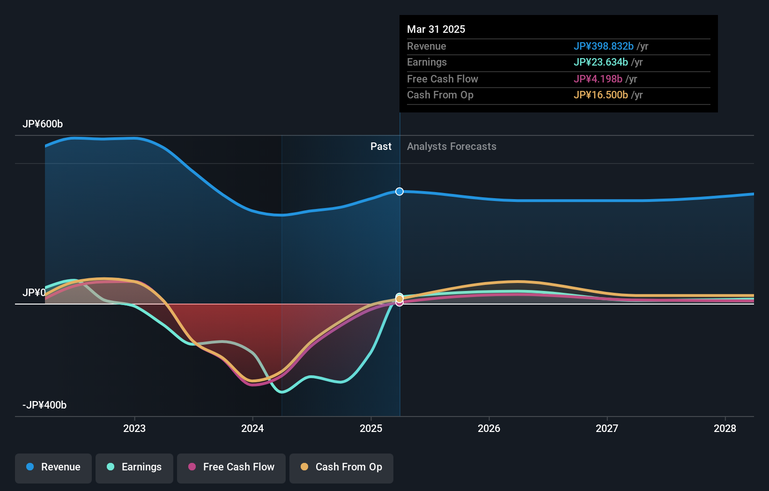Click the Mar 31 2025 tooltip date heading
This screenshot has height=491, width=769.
click(436, 29)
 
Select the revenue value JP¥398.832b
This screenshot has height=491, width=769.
click(603, 46)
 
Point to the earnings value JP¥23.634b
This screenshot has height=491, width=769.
click(600, 62)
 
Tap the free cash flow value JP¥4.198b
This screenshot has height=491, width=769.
click(598, 79)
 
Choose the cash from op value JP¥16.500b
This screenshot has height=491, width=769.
click(600, 95)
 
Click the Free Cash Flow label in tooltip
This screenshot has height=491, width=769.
click(442, 79)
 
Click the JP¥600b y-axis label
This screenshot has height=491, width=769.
click(43, 124)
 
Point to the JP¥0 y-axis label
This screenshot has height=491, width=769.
click(34, 292)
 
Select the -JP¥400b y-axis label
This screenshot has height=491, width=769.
click(44, 405)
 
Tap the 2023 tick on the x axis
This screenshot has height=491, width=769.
click(134, 428)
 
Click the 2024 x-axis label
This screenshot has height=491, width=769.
click(252, 428)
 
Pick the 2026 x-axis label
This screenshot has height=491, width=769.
click(489, 428)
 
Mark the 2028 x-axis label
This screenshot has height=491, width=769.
click(725, 428)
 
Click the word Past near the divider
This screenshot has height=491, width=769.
click(381, 146)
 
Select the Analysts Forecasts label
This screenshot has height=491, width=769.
click(451, 146)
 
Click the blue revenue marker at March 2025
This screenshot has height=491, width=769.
click(399, 191)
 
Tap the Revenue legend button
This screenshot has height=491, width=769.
click(53, 467)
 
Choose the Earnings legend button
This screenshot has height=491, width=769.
click(134, 467)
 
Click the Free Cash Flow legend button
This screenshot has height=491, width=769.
click(231, 467)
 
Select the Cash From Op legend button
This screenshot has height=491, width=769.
click(341, 467)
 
